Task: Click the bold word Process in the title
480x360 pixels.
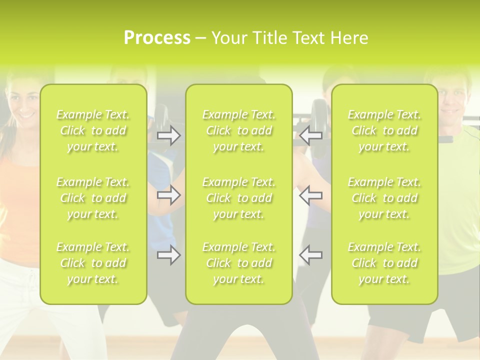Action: coord(157,38)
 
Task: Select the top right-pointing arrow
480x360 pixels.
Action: coord(168,135)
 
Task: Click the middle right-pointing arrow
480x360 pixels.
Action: coord(168,195)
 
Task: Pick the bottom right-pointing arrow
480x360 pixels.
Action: coord(168,255)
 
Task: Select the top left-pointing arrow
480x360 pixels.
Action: coord(310,135)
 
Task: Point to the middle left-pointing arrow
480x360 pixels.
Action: coord(310,195)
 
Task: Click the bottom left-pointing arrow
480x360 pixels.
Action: coord(310,255)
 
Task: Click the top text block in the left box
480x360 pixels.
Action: coord(93,130)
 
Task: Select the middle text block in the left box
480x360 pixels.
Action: coord(93,198)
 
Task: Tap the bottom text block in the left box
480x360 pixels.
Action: coord(93,263)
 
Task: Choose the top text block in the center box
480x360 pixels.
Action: coord(238,130)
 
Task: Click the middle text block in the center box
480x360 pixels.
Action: coord(238,198)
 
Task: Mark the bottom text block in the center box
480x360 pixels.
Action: coord(238,263)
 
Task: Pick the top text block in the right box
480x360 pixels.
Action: coord(384,130)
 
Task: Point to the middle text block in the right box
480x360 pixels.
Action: coord(384,198)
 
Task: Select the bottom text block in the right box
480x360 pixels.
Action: coord(384,263)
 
